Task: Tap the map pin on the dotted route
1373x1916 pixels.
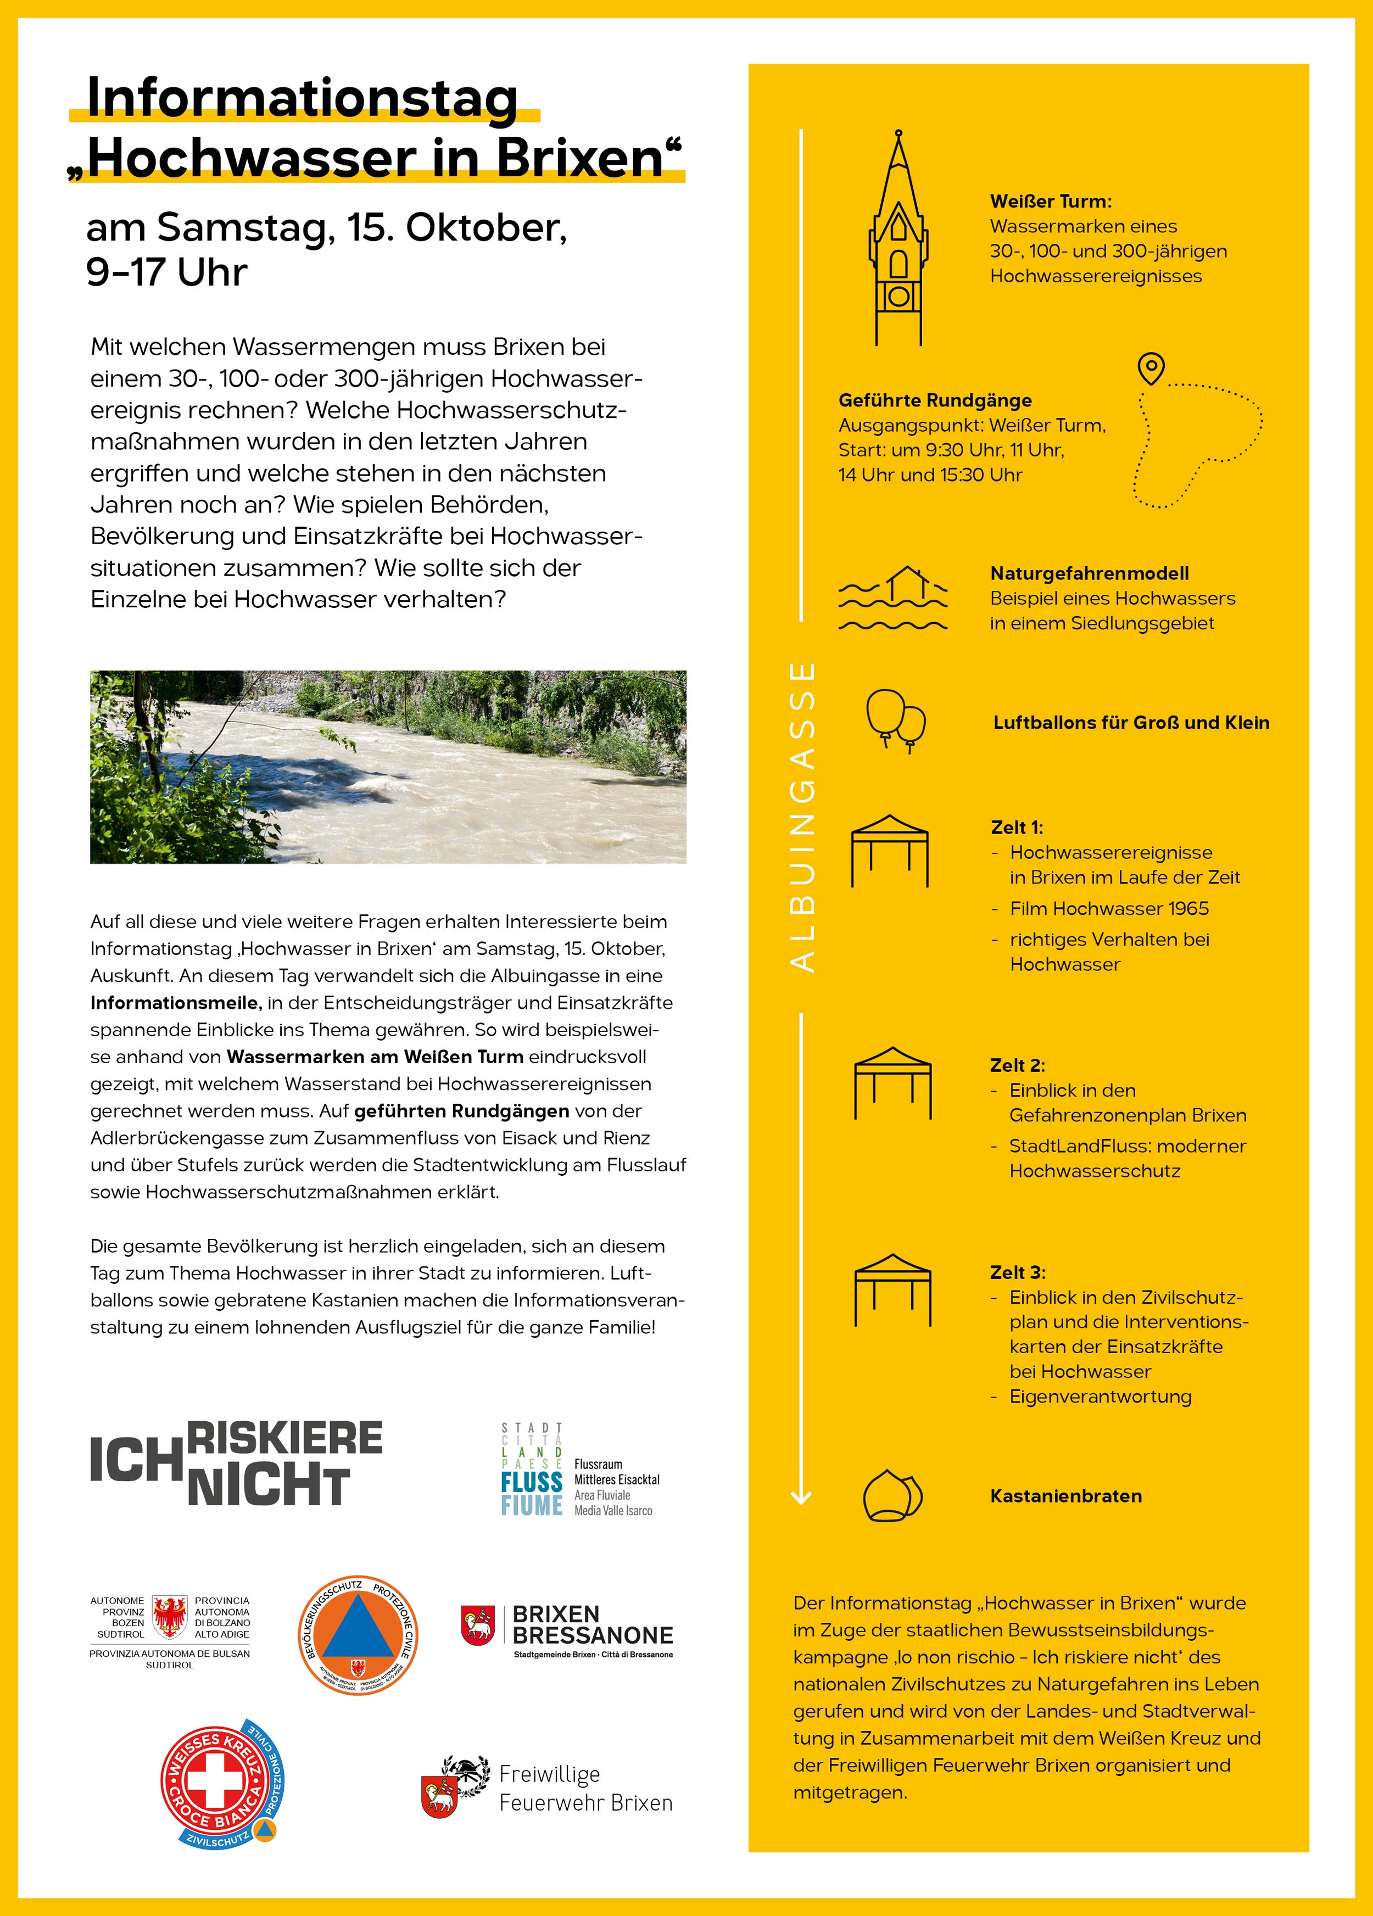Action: (x=1151, y=368)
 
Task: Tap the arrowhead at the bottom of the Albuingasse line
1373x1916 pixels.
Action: (x=801, y=1498)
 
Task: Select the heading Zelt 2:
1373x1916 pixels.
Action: (x=1017, y=1065)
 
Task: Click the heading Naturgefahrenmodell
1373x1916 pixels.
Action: (x=1089, y=573)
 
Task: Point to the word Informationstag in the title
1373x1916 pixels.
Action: (x=303, y=98)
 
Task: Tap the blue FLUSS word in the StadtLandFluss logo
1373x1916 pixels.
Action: (x=532, y=1482)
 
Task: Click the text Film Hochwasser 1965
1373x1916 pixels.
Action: (x=1108, y=908)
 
